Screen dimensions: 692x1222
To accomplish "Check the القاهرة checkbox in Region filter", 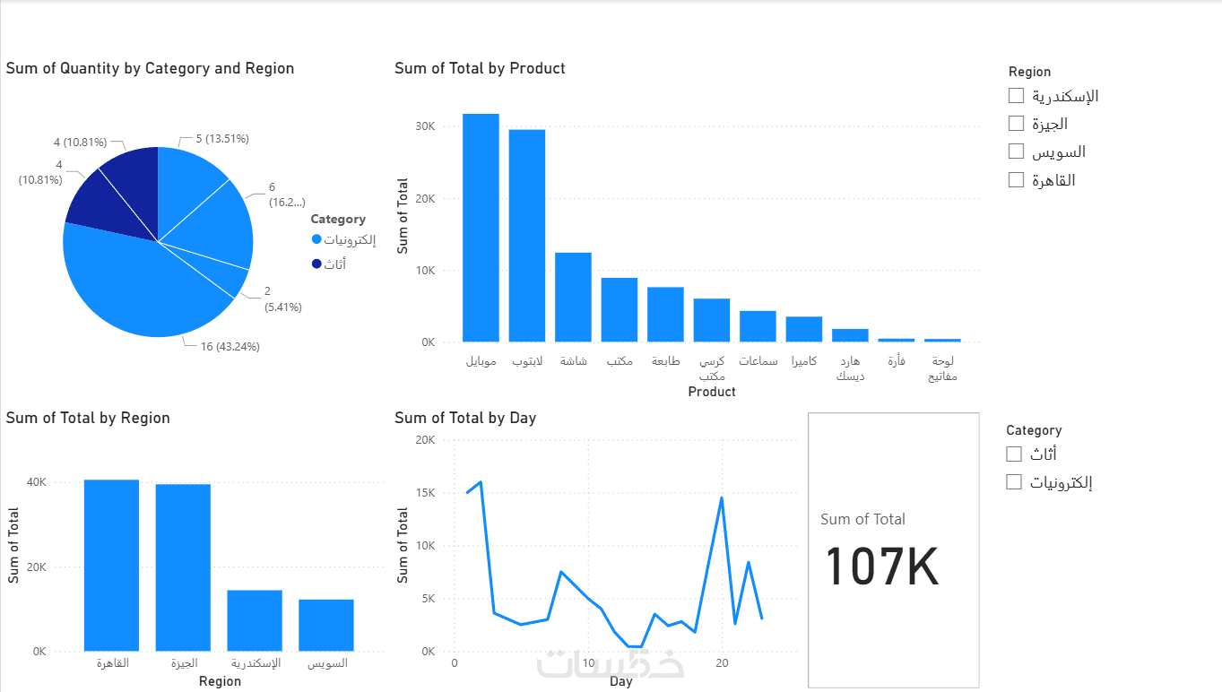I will tap(1016, 179).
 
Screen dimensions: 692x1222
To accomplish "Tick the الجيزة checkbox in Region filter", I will tap(1016, 123).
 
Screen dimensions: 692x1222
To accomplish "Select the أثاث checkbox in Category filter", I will tap(1014, 454).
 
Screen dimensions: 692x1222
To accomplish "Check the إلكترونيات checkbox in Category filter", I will tap(1014, 481).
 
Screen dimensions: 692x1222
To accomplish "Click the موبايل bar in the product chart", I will tap(481, 228).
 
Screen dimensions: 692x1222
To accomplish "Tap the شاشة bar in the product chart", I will tap(573, 297).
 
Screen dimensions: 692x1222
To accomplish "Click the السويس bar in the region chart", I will tap(326, 625).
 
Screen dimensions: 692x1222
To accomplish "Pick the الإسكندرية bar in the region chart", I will tap(255, 620).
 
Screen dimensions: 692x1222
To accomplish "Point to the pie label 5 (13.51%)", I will tap(221, 139).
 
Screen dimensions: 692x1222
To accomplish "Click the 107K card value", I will tap(881, 567).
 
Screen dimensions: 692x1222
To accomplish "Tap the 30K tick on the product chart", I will tap(424, 126).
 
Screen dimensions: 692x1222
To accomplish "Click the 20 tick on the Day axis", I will tap(722, 663).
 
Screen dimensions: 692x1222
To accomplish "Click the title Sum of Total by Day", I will tap(465, 418).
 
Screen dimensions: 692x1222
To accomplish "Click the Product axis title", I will tap(712, 392).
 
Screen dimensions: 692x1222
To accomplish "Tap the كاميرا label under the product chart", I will tap(804, 361).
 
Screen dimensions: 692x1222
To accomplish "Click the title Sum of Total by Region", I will tap(88, 418).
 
